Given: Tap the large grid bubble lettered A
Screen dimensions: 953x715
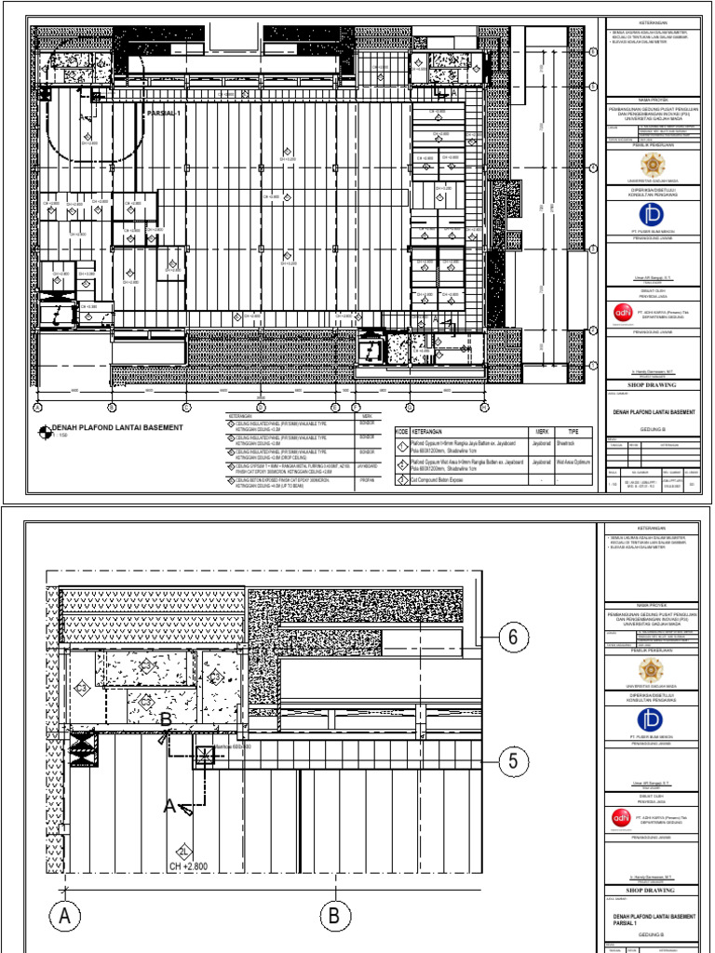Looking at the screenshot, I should click(x=64, y=917).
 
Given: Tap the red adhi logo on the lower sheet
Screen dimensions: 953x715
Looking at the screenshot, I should click(x=621, y=817).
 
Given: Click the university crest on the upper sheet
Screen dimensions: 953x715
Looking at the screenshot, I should click(x=653, y=165).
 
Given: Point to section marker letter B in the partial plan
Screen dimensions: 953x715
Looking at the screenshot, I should click(x=166, y=718).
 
